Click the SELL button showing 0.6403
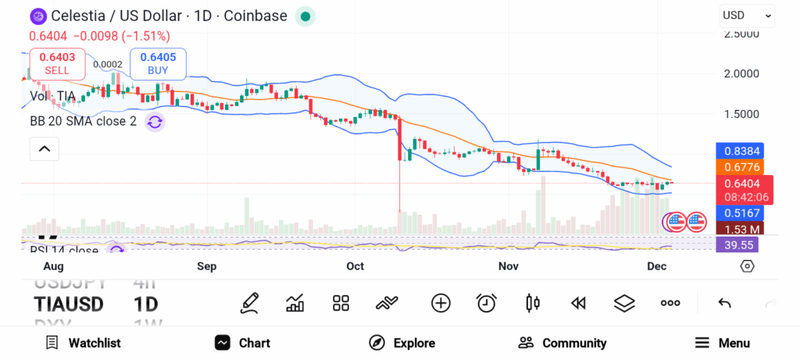[57, 63]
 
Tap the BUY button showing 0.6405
[158, 63]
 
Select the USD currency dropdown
[747, 15]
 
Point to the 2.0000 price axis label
[742, 73]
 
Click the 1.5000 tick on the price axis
[742, 114]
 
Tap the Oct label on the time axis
[355, 266]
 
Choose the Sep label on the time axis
[206, 266]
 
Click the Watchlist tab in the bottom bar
[83, 343]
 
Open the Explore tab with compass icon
[402, 343]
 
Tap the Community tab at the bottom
[562, 343]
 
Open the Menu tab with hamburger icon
[722, 343]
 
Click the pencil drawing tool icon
[250, 303]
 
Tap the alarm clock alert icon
[487, 303]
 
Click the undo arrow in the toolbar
[724, 303]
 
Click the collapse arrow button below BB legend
[45, 148]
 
